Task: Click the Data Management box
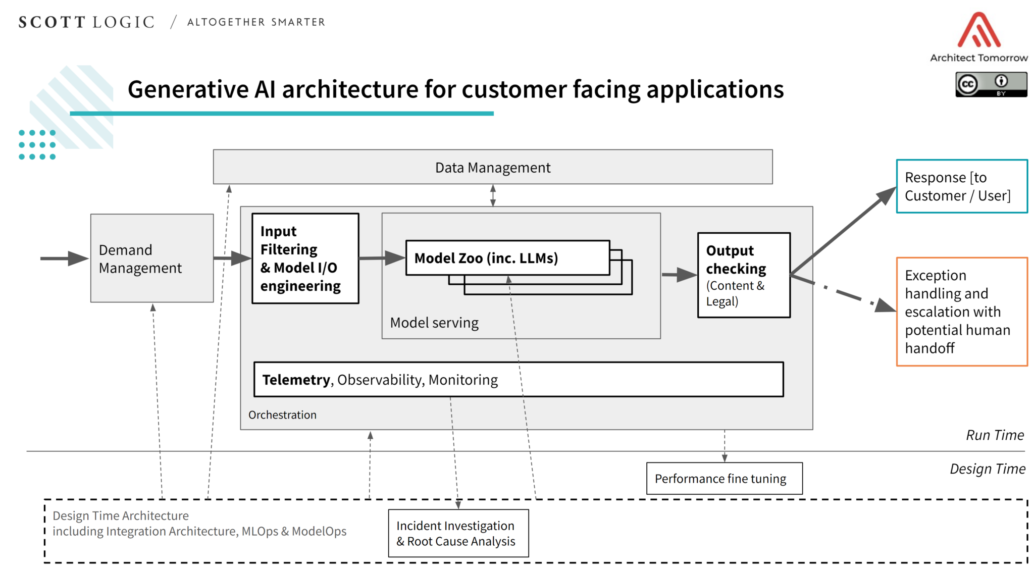coord(492,167)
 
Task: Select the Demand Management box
coord(151,258)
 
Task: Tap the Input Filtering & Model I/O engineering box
coord(305,258)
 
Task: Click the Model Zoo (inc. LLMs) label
coord(486,258)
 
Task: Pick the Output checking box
coord(743,275)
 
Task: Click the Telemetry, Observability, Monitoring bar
coord(518,380)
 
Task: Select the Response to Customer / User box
coord(961,186)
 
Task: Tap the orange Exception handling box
coord(961,312)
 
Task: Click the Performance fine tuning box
coord(723,479)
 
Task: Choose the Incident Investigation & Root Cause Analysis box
coord(458,533)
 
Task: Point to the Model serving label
coord(434,323)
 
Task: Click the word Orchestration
coord(282,415)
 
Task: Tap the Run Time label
coord(995,435)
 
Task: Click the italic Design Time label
coord(987,469)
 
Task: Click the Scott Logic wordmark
coord(86,22)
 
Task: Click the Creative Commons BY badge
coord(991,84)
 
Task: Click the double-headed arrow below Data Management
coord(493,195)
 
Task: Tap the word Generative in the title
coord(188,89)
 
